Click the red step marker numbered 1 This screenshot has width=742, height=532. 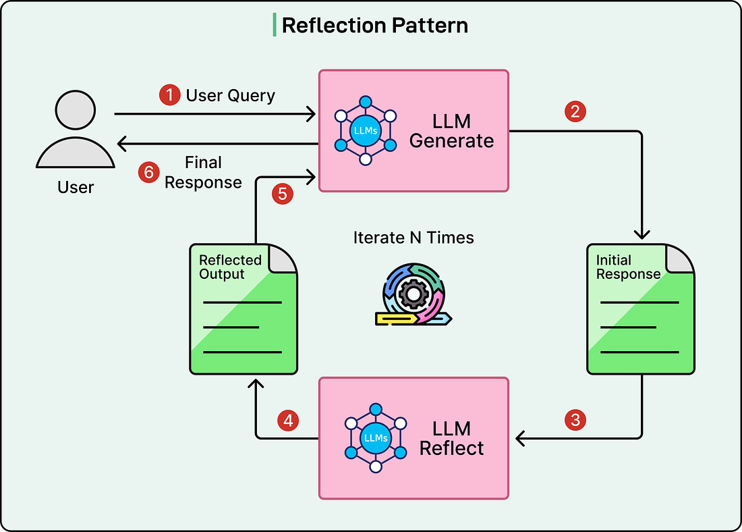(169, 95)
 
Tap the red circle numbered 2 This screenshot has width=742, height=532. (575, 111)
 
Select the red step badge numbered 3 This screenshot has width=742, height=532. (575, 420)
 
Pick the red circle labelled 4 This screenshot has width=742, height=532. (288, 421)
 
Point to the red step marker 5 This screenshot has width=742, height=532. (282, 194)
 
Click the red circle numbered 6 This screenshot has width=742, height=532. (148, 172)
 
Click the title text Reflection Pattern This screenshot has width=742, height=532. (374, 26)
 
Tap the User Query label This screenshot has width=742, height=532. (230, 95)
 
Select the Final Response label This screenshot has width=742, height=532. (203, 172)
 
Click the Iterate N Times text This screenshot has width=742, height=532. (413, 238)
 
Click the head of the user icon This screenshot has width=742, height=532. (76, 111)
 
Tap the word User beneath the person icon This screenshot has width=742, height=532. (76, 187)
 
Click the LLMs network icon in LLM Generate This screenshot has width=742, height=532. (365, 130)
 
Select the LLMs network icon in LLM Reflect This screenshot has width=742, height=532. (375, 437)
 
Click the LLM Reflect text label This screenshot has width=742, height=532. (451, 438)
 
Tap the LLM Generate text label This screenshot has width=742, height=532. (451, 131)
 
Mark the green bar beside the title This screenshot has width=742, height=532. (275, 25)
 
